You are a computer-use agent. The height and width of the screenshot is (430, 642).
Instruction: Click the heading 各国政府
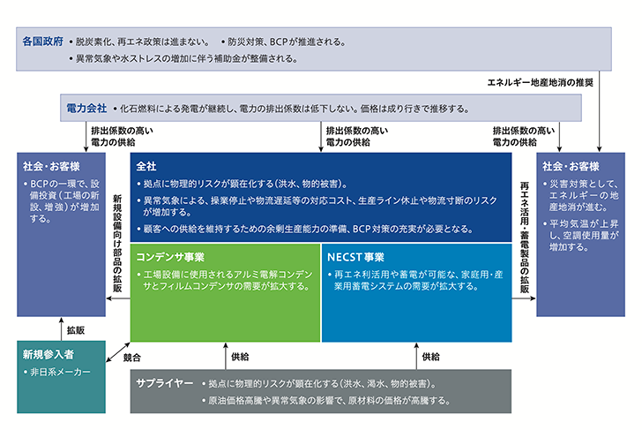click(x=43, y=41)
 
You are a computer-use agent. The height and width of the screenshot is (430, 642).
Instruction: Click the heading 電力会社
click(x=86, y=109)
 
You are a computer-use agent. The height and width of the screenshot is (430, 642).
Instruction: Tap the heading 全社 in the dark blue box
click(x=146, y=166)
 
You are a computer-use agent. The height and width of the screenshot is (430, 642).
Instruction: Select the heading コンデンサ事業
click(x=170, y=257)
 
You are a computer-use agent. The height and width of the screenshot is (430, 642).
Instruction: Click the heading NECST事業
click(x=355, y=257)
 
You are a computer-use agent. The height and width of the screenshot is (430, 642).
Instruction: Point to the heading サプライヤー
click(x=165, y=383)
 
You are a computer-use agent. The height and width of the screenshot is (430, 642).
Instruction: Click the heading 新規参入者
click(x=49, y=355)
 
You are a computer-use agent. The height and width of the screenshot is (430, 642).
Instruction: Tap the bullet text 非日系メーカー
click(x=60, y=373)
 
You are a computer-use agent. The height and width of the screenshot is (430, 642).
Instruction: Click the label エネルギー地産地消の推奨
click(x=540, y=83)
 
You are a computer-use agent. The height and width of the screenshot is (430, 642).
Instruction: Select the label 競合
click(x=132, y=358)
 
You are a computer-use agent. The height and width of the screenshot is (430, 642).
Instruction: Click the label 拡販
click(x=76, y=330)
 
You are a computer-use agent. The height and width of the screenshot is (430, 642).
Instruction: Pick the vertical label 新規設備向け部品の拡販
click(x=117, y=244)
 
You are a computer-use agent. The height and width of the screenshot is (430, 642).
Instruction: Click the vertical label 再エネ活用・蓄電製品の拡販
click(x=525, y=238)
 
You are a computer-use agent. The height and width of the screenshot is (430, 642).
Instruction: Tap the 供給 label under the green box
click(x=240, y=357)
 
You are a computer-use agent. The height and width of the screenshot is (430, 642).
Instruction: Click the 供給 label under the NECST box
click(x=430, y=357)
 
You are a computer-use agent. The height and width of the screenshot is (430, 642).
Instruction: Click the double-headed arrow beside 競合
click(x=118, y=352)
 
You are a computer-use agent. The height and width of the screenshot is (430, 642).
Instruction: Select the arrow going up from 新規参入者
click(x=62, y=328)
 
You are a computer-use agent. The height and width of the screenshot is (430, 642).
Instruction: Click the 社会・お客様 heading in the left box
click(x=51, y=166)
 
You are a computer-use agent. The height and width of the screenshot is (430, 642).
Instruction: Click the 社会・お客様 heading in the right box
click(x=571, y=166)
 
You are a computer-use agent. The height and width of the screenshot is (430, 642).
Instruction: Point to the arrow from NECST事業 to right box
click(x=524, y=298)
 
